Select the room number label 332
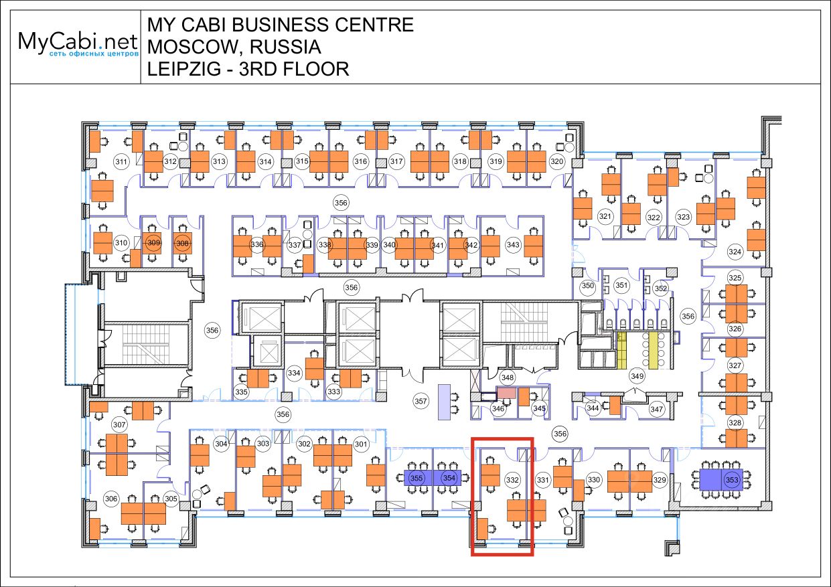pyautogui.click(x=512, y=480)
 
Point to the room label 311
pyautogui.click(x=121, y=161)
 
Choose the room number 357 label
pyautogui.click(x=421, y=402)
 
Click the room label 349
pyautogui.click(x=637, y=377)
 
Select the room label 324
pyautogui.click(x=735, y=252)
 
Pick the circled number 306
pyautogui.click(x=111, y=498)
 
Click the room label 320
pyautogui.click(x=557, y=161)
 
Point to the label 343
pyautogui.click(x=513, y=245)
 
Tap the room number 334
pyautogui.click(x=294, y=372)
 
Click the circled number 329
pyautogui.click(x=660, y=480)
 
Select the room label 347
pyautogui.click(x=656, y=408)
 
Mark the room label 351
pyautogui.click(x=622, y=286)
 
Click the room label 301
pyautogui.click(x=361, y=444)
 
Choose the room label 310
pyautogui.click(x=121, y=243)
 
